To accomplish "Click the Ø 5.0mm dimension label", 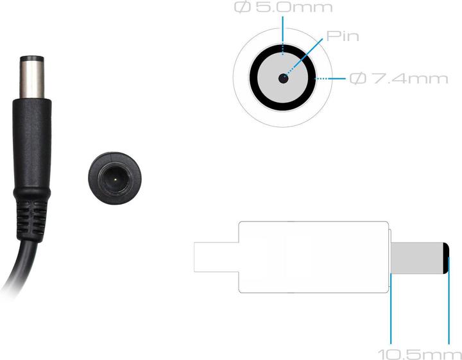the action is point(284,7).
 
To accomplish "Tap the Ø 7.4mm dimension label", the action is point(399,79).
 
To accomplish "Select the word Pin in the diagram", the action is point(343,36).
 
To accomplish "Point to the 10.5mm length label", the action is point(420,354).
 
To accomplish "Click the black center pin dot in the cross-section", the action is point(283,78).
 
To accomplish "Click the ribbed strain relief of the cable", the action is point(31,219).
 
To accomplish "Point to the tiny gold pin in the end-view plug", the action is point(116,178).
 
